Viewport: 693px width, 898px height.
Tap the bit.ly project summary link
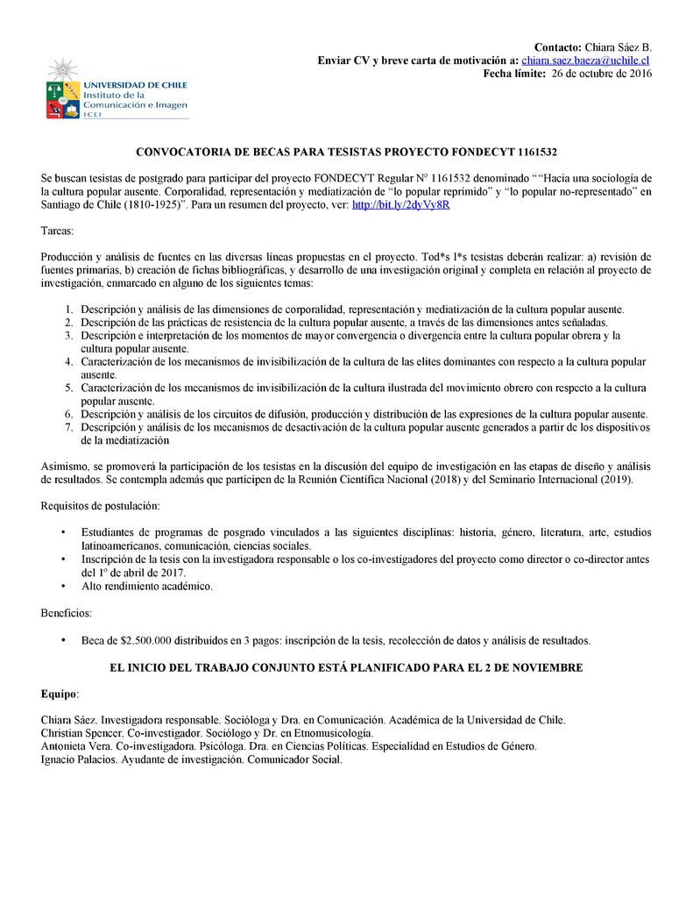click(400, 204)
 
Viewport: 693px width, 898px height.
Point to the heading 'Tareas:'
click(58, 230)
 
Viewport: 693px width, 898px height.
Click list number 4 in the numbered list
click(70, 361)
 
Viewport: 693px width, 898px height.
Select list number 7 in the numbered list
click(70, 427)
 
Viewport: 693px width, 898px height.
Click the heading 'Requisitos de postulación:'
click(100, 506)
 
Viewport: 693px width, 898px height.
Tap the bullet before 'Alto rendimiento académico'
click(63, 586)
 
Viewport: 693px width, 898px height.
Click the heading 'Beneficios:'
click(67, 612)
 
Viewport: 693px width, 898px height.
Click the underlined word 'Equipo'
click(60, 694)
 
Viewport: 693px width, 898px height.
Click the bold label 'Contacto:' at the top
click(558, 46)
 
